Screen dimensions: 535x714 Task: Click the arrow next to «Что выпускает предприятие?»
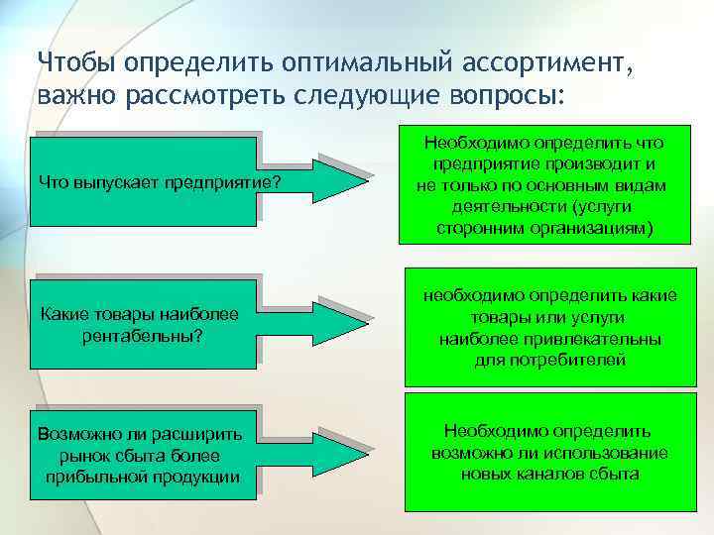coord(342,178)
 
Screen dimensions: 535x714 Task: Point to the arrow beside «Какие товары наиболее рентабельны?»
coord(342,316)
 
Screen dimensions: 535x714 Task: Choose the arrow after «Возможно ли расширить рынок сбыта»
coord(342,454)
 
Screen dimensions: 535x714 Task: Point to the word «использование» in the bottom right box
coord(608,452)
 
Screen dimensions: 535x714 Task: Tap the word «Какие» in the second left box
coord(61,314)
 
